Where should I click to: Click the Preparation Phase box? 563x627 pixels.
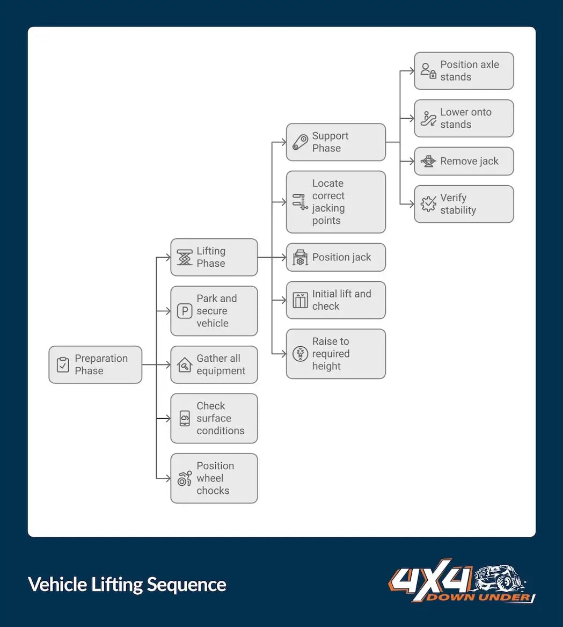click(96, 364)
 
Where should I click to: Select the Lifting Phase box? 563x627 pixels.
click(214, 257)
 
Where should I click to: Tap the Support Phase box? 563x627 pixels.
click(335, 142)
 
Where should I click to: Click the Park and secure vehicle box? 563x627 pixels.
click(214, 311)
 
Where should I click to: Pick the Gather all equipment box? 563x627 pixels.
click(214, 364)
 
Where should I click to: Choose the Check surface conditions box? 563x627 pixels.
click(214, 418)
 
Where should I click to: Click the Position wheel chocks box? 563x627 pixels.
click(214, 478)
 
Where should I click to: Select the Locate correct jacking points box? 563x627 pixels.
click(335, 202)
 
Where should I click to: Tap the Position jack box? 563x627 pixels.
click(335, 257)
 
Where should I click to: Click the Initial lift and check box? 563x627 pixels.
click(335, 300)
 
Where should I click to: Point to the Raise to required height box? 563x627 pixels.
click(335, 354)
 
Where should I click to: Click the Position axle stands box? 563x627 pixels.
click(464, 71)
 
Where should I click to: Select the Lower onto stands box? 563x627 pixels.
click(464, 118)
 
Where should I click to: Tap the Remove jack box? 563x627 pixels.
click(464, 161)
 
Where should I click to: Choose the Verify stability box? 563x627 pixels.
click(464, 204)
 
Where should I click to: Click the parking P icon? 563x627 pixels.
click(185, 311)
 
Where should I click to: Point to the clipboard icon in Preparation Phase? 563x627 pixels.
click(63, 365)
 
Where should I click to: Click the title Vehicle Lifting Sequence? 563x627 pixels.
click(127, 585)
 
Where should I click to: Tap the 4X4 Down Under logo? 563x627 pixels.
click(462, 581)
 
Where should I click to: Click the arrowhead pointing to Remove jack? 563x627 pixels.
click(411, 161)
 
